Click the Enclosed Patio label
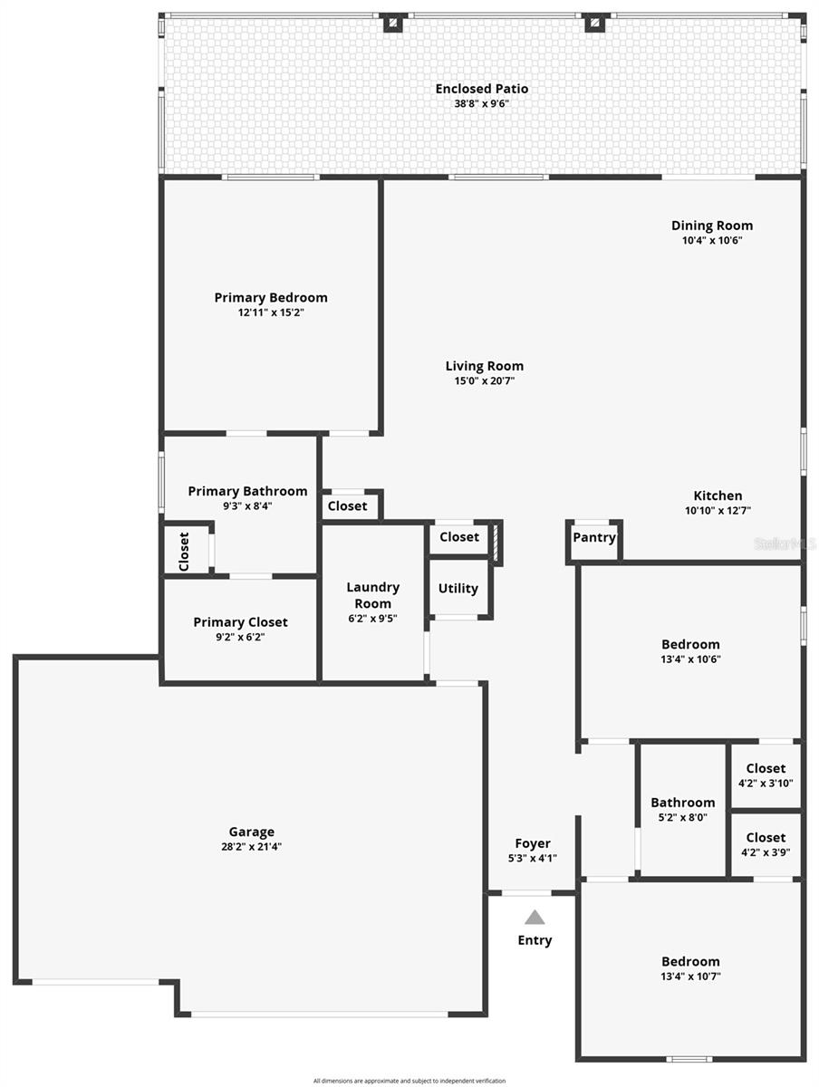[481, 89]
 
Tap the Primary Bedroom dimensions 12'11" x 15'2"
[271, 313]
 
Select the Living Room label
[484, 366]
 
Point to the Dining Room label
[711, 226]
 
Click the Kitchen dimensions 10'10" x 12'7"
[718, 511]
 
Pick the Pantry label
[593, 537]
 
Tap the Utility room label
[458, 588]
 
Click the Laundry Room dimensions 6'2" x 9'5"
[372, 619]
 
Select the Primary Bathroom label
[247, 491]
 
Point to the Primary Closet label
[240, 622]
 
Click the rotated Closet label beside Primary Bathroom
[184, 551]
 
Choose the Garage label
[251, 832]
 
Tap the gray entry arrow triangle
[535, 917]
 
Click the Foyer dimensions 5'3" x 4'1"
[533, 858]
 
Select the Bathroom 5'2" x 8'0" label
[682, 803]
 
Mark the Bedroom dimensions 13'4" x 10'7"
[690, 976]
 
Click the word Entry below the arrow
[535, 940]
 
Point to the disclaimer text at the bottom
[409, 1081]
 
